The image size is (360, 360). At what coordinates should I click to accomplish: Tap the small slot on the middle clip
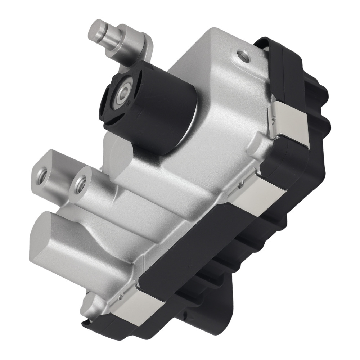click(240, 187)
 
